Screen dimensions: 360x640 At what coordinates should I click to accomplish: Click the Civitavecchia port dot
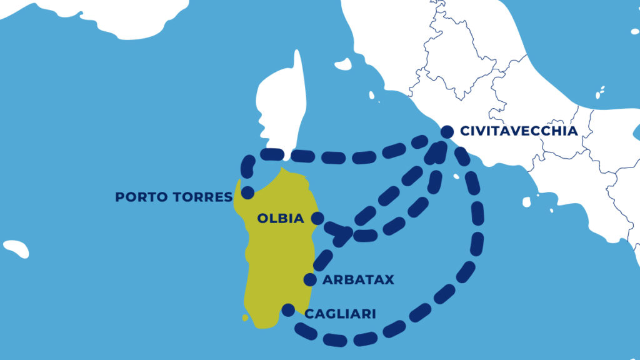[x=447, y=132]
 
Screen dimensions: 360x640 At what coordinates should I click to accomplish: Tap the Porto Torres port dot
[x=247, y=193]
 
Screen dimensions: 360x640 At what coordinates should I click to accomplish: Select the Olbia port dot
[x=317, y=218]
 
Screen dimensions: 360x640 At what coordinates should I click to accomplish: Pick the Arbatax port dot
[x=309, y=279]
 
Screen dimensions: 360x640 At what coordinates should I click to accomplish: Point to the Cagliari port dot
[x=287, y=310]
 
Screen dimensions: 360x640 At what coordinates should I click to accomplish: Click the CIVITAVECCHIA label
[x=518, y=131]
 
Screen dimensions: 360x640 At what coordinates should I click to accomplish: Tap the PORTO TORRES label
[x=174, y=197]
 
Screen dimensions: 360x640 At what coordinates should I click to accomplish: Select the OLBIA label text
[x=281, y=219]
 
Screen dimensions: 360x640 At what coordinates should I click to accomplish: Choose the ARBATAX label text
[x=358, y=280]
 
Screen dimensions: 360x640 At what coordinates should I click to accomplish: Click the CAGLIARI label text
[x=340, y=314]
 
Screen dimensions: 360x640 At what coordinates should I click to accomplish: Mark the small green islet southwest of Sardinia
[x=246, y=317]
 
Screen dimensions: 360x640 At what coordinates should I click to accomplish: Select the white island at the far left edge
[x=16, y=249]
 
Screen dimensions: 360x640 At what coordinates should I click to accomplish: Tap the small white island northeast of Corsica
[x=343, y=64]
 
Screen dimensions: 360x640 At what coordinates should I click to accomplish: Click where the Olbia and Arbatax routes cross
[x=347, y=235]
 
